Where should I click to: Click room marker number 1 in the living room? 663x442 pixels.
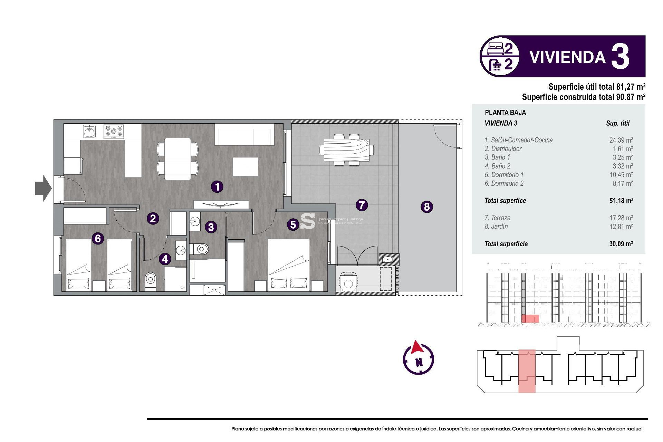217,187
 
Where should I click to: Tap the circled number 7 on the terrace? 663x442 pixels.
362,205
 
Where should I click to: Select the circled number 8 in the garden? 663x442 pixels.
427,207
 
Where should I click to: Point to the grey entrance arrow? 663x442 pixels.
43,188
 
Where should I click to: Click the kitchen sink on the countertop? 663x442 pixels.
89,132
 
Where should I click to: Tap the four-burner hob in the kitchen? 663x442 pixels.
114,132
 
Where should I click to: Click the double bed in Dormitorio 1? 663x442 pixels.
289,264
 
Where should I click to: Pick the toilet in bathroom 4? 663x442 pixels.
151,278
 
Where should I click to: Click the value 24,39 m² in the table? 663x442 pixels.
621,140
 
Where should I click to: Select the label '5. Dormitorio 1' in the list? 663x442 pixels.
504,175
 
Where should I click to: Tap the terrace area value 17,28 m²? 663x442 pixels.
621,218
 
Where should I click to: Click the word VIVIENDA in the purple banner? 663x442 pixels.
567,57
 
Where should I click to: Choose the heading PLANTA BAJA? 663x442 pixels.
505,113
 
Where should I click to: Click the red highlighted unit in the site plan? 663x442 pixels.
527,371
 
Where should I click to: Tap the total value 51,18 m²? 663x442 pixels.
621,201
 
